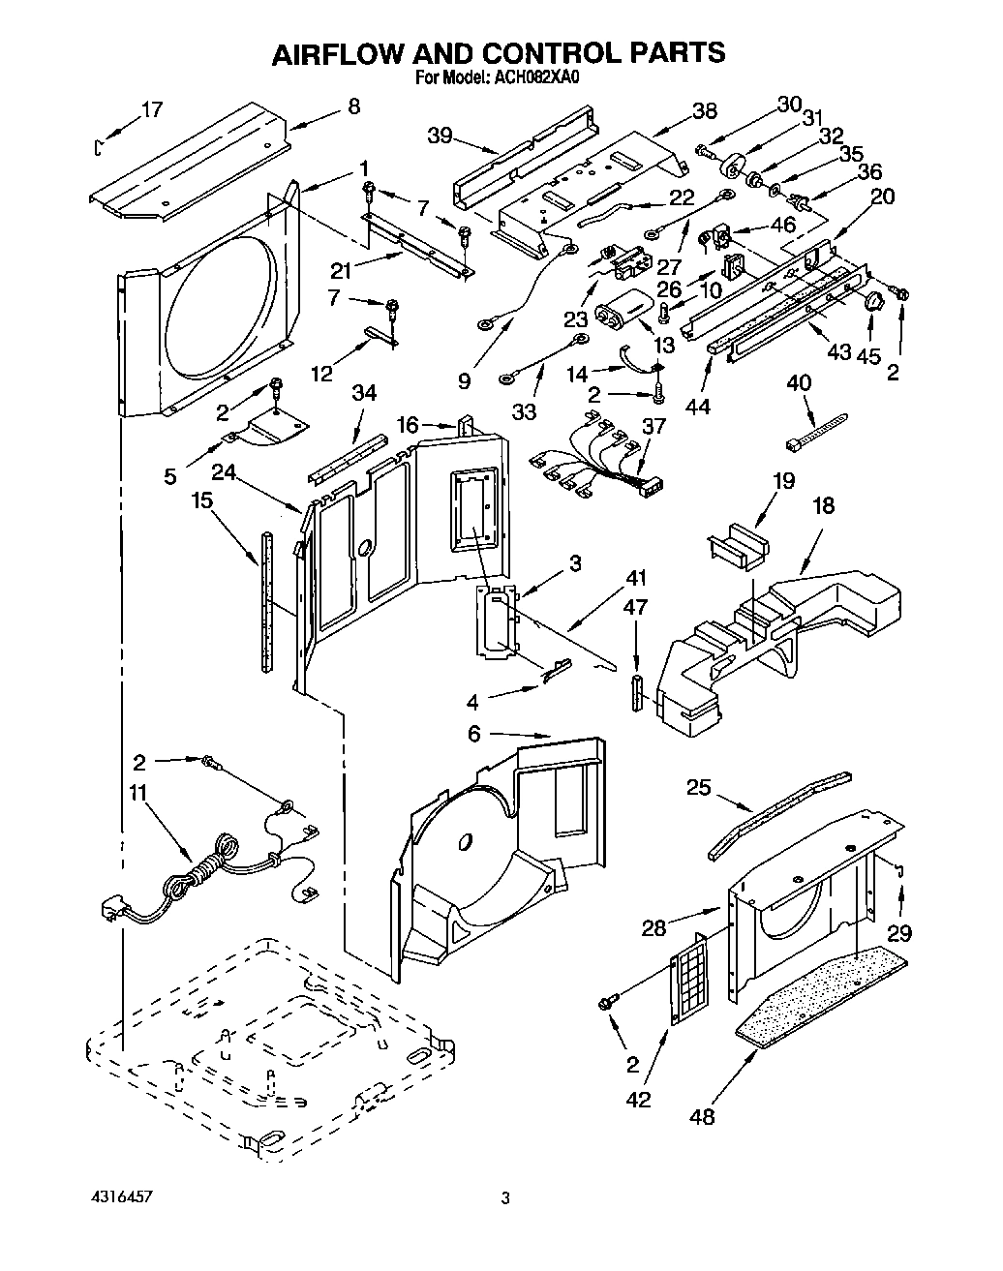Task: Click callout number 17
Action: pos(151,109)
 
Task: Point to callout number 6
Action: pos(472,735)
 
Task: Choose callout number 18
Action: pos(824,505)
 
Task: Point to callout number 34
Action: pos(364,392)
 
